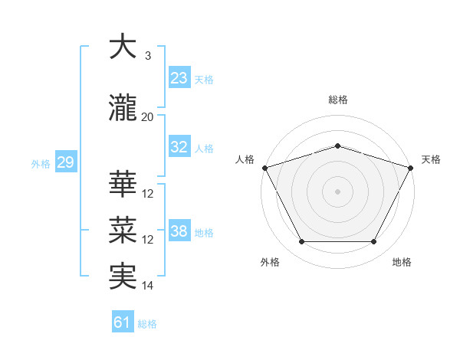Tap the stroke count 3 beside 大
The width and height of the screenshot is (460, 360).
(x=147, y=56)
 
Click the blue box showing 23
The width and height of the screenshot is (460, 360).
(x=179, y=78)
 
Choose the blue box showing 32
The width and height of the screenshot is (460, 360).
(x=179, y=147)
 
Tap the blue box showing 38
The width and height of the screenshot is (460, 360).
(x=179, y=231)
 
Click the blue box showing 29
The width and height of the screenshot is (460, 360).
(x=65, y=162)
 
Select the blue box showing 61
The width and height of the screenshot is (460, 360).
(x=122, y=322)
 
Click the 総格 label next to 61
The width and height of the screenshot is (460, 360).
(x=147, y=324)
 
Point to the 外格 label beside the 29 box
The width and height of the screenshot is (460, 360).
(x=40, y=164)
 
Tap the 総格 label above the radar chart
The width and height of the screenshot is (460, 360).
(x=337, y=100)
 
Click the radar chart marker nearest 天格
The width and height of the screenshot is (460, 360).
(x=412, y=168)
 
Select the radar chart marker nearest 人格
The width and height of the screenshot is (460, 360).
(x=264, y=168)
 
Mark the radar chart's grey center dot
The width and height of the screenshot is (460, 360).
(x=337, y=191)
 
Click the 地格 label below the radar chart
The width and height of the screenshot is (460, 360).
(x=402, y=263)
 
